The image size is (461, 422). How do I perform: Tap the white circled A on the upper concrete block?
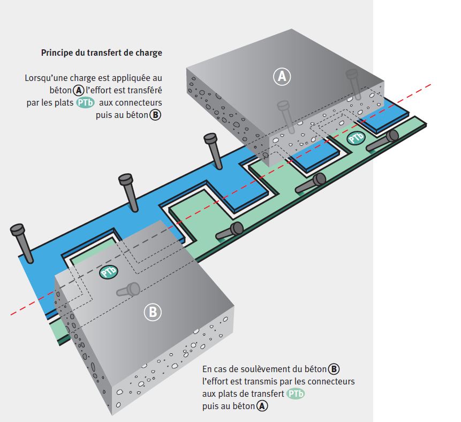point(282,77)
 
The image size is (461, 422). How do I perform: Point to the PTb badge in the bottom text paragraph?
point(296,394)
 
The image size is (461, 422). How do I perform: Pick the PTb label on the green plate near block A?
point(356,138)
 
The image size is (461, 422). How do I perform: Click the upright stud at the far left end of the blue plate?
point(21,241)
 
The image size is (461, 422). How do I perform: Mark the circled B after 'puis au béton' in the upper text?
point(155,115)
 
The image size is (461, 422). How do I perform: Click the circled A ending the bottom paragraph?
point(262,406)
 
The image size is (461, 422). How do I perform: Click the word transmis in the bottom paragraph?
point(249,382)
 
